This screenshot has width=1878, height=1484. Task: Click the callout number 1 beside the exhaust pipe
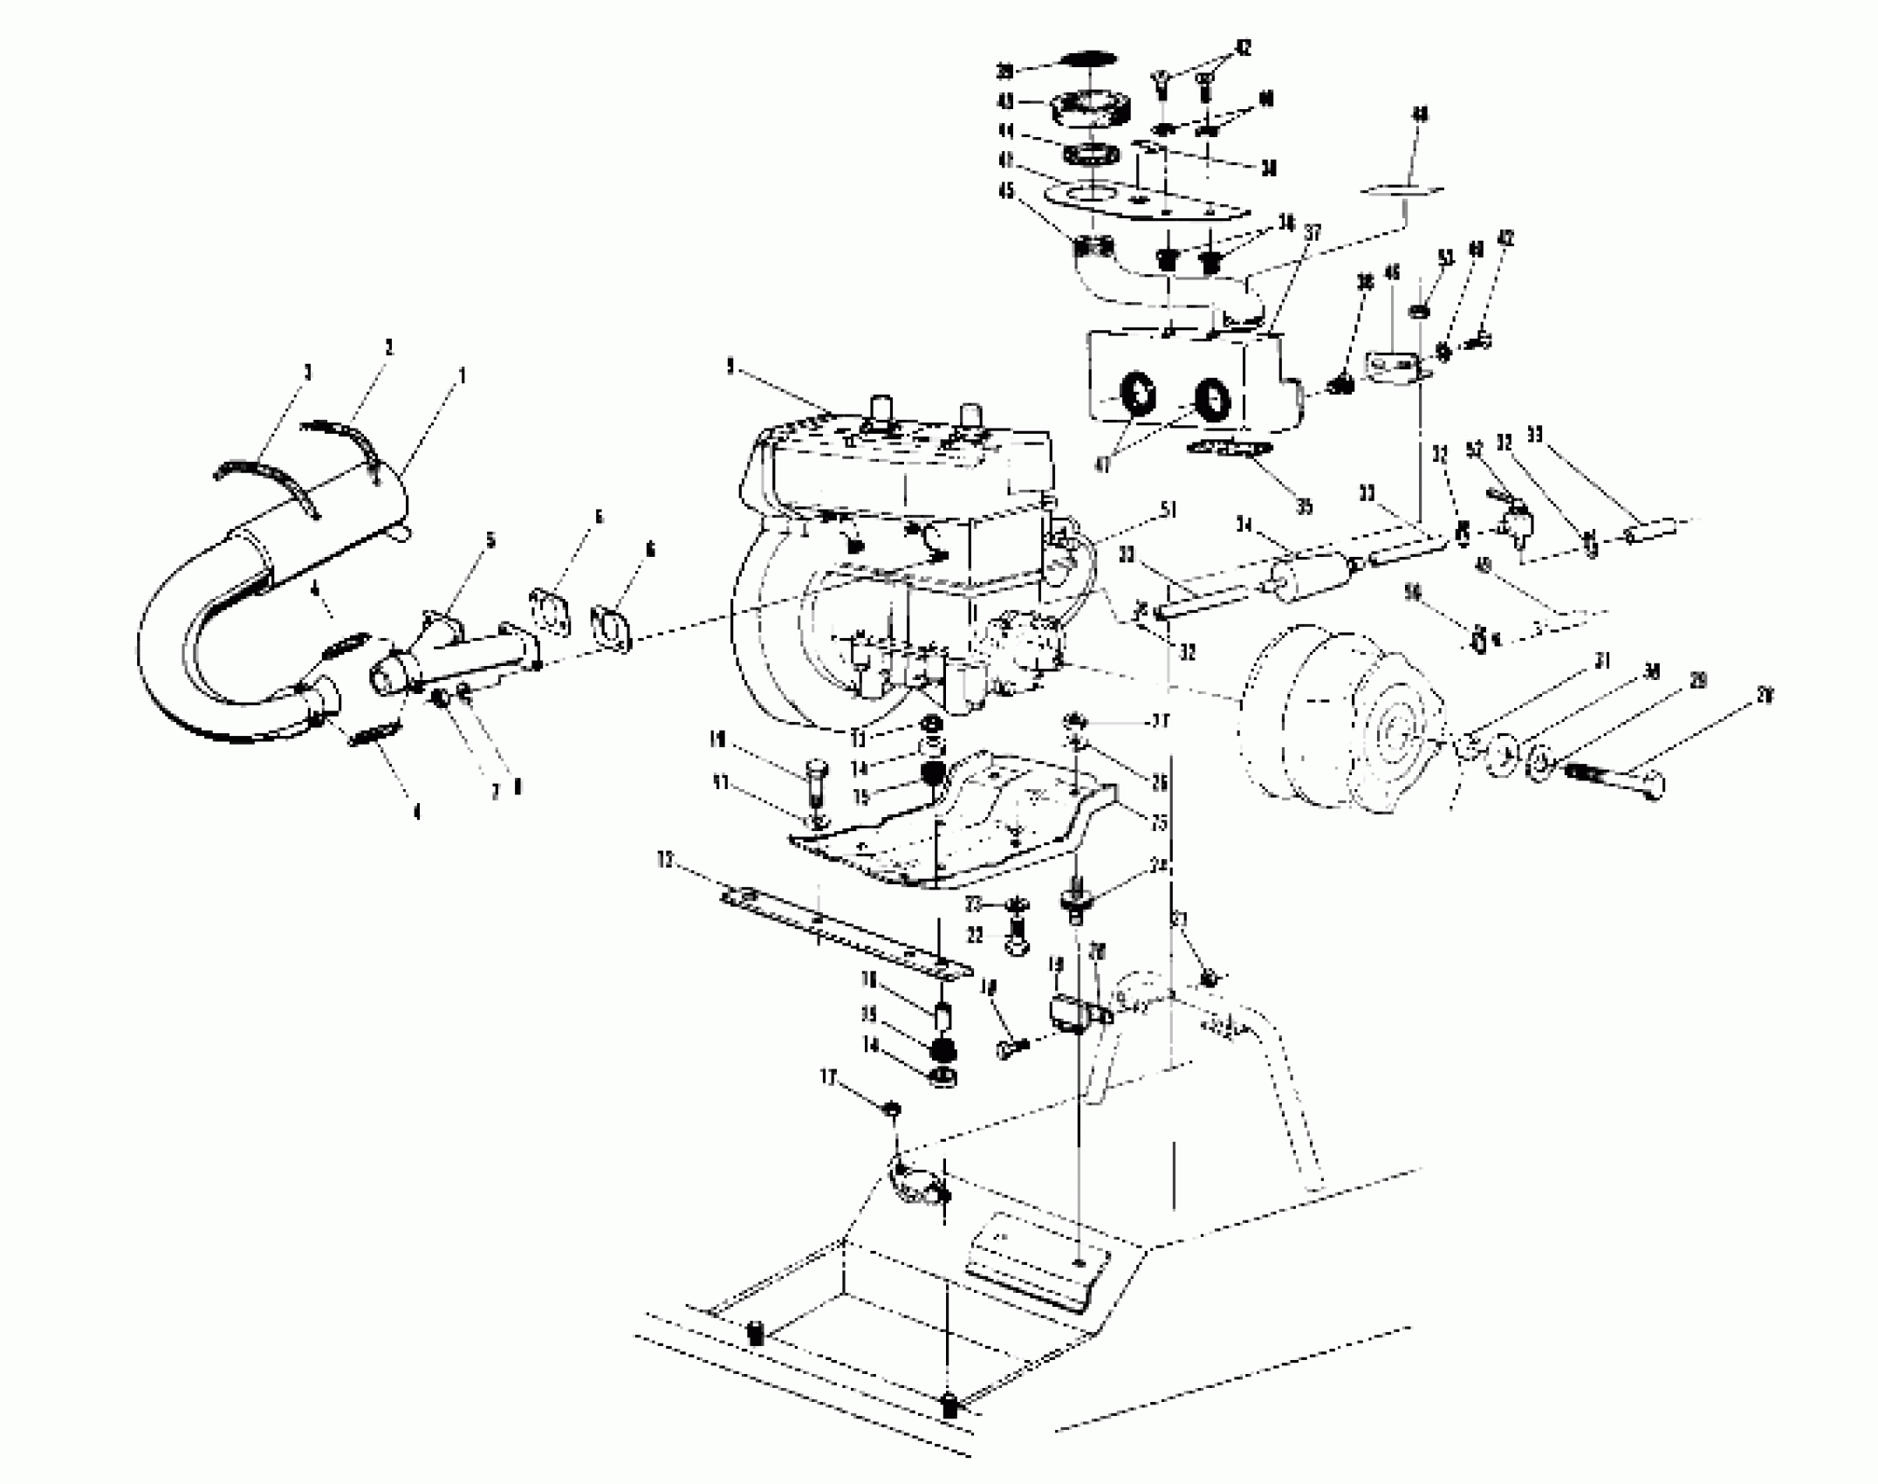click(x=463, y=375)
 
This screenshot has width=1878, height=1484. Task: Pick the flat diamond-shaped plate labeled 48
click(x=1404, y=189)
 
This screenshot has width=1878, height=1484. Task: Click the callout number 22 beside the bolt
click(x=975, y=936)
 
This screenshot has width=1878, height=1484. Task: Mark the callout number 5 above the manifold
click(x=490, y=541)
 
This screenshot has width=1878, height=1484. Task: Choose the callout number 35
click(x=1304, y=507)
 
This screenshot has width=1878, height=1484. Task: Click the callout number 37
click(x=1313, y=234)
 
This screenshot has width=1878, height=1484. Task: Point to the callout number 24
click(x=1159, y=867)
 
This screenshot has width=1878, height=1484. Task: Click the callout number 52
click(x=1473, y=450)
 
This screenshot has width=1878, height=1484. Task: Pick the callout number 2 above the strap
click(x=388, y=347)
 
